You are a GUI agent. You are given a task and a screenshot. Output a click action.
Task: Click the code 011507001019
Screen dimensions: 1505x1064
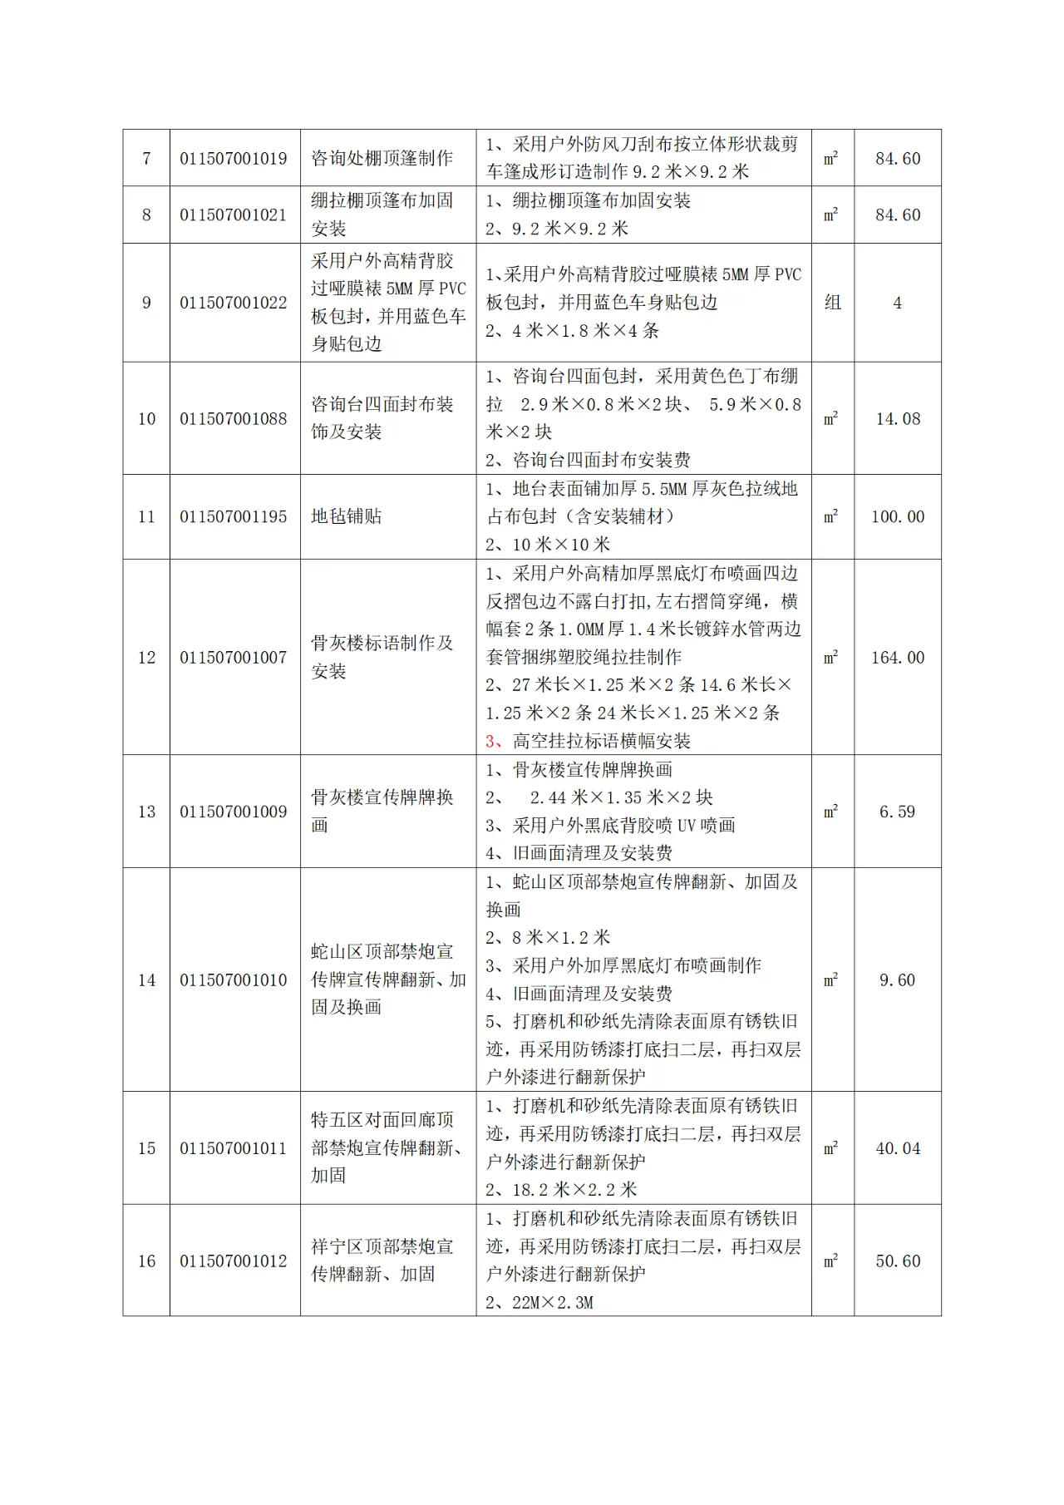click(x=234, y=158)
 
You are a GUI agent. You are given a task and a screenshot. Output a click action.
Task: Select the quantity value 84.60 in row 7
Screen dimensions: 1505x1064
click(x=898, y=158)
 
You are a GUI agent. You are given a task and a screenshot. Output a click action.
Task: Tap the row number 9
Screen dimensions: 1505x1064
click(x=146, y=303)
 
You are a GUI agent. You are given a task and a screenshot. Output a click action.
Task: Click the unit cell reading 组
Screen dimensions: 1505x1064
click(x=832, y=303)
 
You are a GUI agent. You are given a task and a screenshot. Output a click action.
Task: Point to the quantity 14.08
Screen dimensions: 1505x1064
click(x=898, y=419)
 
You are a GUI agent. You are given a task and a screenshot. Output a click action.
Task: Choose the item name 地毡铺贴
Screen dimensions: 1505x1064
click(x=346, y=516)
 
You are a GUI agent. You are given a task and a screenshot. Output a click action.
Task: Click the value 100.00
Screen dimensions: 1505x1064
click(x=898, y=516)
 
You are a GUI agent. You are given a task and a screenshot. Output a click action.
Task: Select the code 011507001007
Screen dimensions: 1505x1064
click(x=234, y=658)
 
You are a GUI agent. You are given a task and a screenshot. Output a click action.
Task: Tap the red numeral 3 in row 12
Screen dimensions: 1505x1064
click(x=490, y=741)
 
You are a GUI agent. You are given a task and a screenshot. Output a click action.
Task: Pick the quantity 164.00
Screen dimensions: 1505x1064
click(x=898, y=658)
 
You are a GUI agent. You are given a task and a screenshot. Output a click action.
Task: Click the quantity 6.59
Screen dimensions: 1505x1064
click(x=898, y=812)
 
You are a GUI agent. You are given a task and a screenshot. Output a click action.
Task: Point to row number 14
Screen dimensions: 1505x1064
click(x=146, y=980)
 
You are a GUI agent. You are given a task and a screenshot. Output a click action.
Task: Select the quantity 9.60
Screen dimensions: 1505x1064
click(x=898, y=980)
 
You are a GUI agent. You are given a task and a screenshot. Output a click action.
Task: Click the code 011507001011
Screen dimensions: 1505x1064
click(x=234, y=1148)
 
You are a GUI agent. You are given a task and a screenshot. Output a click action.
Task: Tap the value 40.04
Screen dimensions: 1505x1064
click(x=898, y=1148)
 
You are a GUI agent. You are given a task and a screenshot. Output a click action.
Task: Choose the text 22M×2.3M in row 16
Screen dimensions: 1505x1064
click(x=553, y=1303)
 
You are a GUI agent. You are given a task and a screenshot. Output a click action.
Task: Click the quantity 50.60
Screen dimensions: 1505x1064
click(x=898, y=1261)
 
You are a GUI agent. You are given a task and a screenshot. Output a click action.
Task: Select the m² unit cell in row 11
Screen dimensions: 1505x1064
click(x=831, y=516)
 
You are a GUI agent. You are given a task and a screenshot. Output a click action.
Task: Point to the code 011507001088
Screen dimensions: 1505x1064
click(x=234, y=419)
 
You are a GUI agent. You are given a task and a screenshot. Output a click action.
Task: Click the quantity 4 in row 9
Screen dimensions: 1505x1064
click(x=898, y=303)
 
